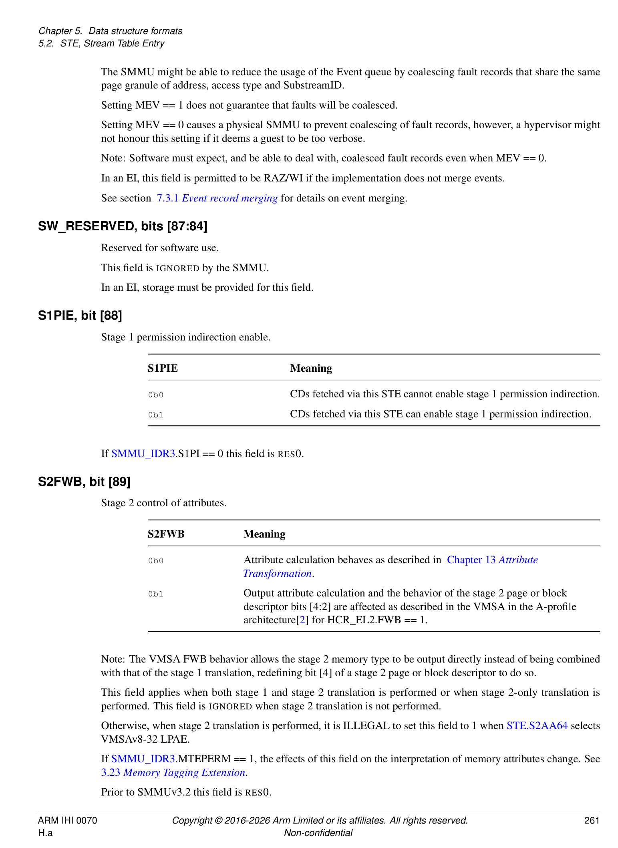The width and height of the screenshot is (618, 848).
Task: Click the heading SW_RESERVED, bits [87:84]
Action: pyautogui.click(x=123, y=226)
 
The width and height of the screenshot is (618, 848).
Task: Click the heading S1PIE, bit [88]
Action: pyautogui.click(x=80, y=316)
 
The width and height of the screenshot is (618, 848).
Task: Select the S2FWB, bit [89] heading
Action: pyautogui.click(x=84, y=481)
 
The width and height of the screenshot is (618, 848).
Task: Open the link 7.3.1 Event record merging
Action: pyautogui.click(x=217, y=198)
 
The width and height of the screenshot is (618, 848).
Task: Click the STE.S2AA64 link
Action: pyautogui.click(x=537, y=725)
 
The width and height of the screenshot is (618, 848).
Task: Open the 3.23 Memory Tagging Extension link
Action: pyautogui.click(x=173, y=772)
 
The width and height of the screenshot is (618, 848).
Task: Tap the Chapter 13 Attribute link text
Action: pyautogui.click(x=492, y=560)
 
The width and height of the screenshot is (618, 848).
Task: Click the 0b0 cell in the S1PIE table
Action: pyautogui.click(x=156, y=395)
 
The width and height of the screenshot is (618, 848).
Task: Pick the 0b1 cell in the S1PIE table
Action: pyautogui.click(x=156, y=415)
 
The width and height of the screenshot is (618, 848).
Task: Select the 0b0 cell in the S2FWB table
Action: pyautogui.click(x=156, y=561)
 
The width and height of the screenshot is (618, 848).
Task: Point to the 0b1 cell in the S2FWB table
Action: pyautogui.click(x=156, y=594)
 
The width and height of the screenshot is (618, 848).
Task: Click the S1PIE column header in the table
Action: pyautogui.click(x=163, y=368)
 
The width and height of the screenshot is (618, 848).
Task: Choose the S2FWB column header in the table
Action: pyautogui.click(x=166, y=534)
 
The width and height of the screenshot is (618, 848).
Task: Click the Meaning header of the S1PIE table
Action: pyautogui.click(x=311, y=368)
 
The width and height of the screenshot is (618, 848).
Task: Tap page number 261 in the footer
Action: pyautogui.click(x=592, y=820)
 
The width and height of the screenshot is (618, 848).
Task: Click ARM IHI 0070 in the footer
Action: pyautogui.click(x=67, y=820)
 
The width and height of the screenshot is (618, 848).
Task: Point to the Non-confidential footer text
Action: pyautogui.click(x=318, y=833)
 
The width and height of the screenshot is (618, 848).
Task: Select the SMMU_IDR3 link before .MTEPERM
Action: pyautogui.click(x=143, y=759)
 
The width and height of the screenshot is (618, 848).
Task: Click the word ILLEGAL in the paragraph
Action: pyautogui.click(x=366, y=725)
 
